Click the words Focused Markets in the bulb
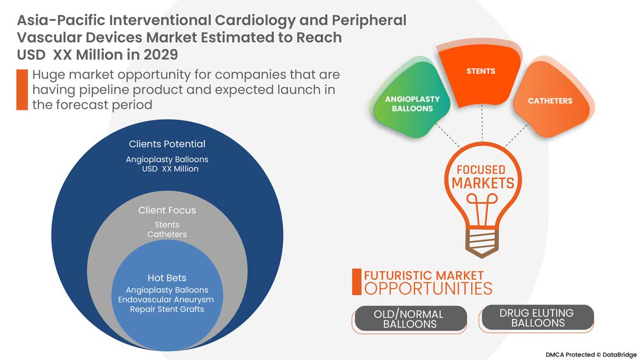(x=483, y=177)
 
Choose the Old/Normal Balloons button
(x=410, y=318)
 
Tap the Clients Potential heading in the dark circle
(x=167, y=144)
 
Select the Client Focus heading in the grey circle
(x=167, y=210)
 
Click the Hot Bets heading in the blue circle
(x=167, y=278)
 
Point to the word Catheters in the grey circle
(x=167, y=235)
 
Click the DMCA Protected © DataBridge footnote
(x=590, y=354)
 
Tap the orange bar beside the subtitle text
(x=22, y=90)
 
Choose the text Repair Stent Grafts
(x=167, y=309)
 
